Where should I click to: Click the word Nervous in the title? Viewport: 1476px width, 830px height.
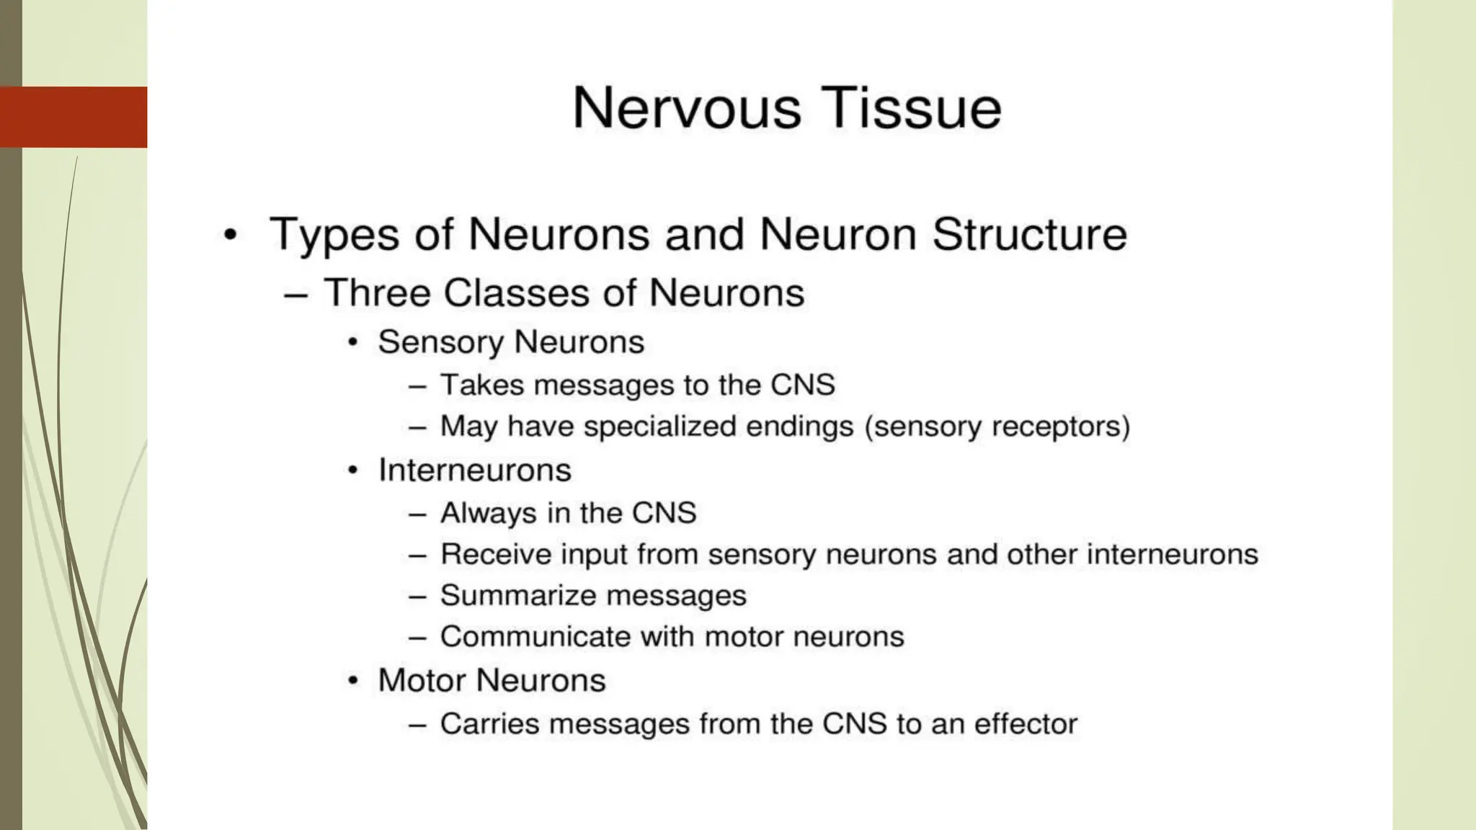coord(686,108)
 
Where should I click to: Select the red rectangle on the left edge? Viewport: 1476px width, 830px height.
coord(74,117)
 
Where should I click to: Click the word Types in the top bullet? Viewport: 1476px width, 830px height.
coord(334,235)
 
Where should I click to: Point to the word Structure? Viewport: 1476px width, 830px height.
coord(1029,235)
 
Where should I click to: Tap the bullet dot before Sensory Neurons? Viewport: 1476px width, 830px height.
coord(352,342)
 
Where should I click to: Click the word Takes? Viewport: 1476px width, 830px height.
coord(481,385)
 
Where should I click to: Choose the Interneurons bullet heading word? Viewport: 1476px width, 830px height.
coord(474,470)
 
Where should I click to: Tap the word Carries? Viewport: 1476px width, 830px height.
coord(489,724)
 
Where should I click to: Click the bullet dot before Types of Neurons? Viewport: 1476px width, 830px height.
coord(230,235)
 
